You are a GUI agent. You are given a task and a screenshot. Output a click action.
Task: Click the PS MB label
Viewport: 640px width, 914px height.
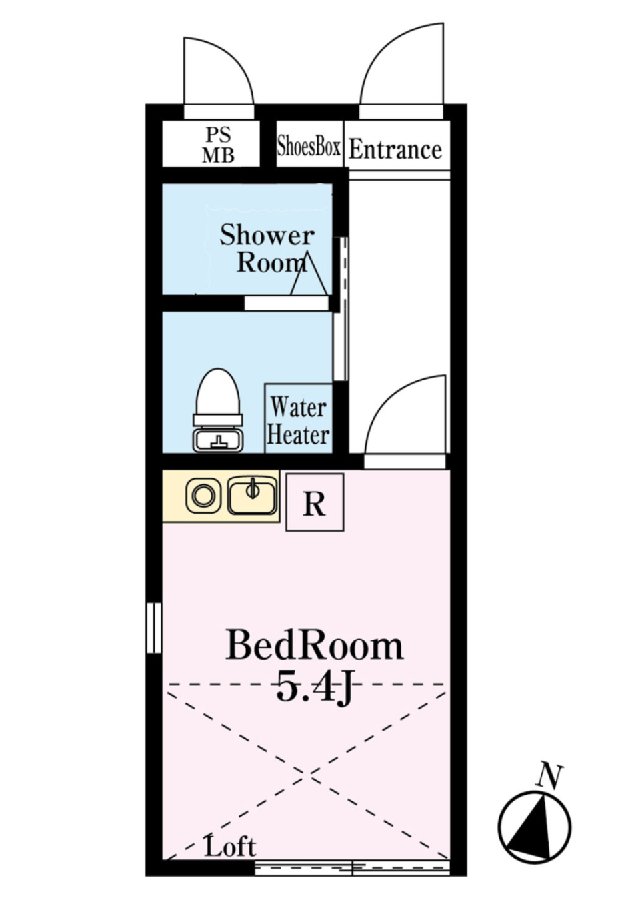(218, 145)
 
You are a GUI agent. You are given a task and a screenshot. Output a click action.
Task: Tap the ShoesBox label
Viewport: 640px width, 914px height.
(309, 146)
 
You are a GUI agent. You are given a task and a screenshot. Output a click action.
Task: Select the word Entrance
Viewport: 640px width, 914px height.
(395, 149)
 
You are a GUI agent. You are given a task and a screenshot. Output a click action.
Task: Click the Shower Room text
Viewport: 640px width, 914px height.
(267, 248)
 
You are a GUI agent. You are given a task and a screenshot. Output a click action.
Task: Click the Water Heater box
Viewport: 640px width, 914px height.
(298, 420)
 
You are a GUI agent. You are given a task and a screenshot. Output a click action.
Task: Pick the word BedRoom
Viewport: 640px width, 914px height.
(314, 646)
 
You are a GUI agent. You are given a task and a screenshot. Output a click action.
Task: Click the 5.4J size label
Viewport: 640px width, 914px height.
(313, 687)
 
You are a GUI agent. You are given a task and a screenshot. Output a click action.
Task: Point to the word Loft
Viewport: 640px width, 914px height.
(230, 847)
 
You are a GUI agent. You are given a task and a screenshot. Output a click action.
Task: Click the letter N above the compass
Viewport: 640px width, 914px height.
(551, 777)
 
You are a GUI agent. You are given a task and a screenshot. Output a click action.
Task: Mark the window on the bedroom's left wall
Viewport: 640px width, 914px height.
(154, 627)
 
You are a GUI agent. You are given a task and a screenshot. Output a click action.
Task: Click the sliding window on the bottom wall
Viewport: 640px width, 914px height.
(352, 868)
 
